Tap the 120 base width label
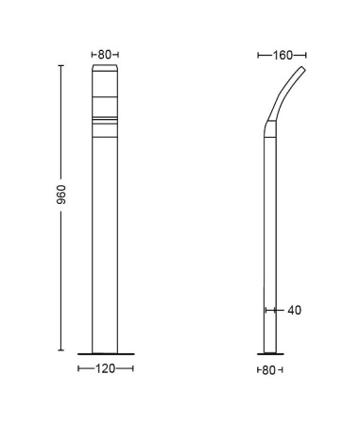point(105,369)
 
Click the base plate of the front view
point(105,354)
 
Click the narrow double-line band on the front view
point(105,120)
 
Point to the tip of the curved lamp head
point(304,69)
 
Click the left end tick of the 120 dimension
point(78,369)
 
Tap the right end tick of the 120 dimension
point(132,369)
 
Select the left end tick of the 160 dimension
point(258,56)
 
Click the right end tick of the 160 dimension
point(306,56)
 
